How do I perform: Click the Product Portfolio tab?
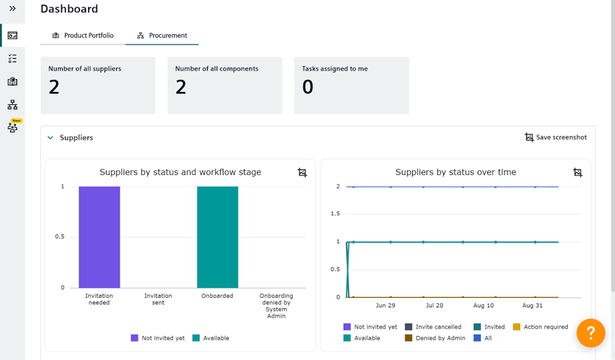(83, 36)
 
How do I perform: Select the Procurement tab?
(162, 36)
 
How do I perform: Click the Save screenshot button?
(556, 137)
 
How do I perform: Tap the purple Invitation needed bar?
(99, 236)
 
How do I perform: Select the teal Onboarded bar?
(217, 236)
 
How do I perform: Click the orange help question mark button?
(590, 333)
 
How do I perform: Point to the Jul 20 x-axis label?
(434, 305)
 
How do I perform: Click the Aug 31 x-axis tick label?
(532, 305)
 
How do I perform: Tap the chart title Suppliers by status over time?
(456, 172)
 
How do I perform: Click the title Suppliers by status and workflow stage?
(180, 172)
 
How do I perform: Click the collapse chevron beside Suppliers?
(50, 138)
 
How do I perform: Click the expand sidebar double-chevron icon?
(12, 8)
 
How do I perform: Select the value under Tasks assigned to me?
(307, 87)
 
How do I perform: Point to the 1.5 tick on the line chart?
(334, 214)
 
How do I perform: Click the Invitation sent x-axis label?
(159, 299)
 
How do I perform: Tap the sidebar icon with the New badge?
(12, 127)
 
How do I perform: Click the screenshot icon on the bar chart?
(302, 172)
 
